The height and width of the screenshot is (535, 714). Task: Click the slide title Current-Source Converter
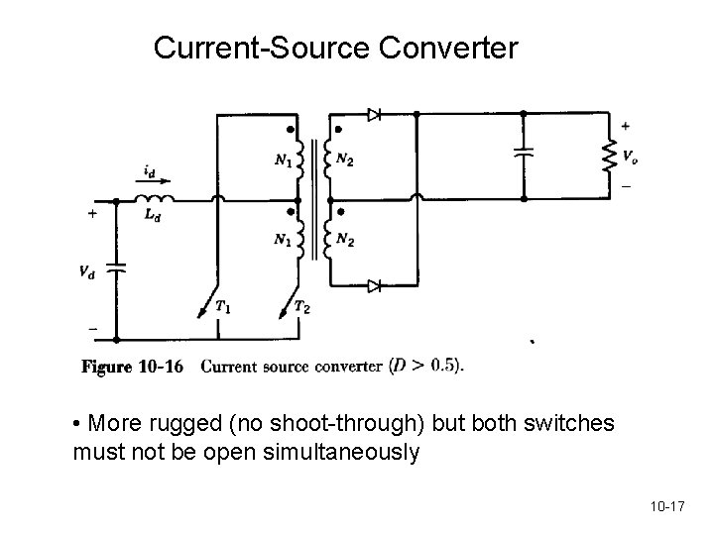tap(335, 47)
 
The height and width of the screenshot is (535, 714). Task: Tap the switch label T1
tap(225, 308)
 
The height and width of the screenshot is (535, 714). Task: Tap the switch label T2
tap(302, 308)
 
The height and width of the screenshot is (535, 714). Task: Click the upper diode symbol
tap(374, 115)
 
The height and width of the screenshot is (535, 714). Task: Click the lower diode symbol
tap(374, 286)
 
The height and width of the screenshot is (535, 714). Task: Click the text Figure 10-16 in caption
tap(132, 367)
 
